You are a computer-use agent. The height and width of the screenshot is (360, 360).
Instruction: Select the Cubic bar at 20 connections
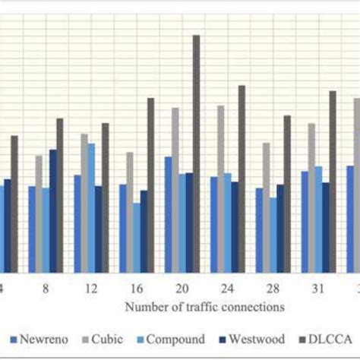(x=175, y=190)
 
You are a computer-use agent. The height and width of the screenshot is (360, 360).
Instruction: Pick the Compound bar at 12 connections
(x=91, y=207)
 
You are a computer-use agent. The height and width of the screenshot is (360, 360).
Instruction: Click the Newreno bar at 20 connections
(x=168, y=214)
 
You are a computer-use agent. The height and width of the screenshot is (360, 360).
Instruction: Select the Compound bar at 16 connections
(x=137, y=237)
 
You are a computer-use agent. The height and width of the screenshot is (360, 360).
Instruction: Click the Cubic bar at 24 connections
(x=221, y=189)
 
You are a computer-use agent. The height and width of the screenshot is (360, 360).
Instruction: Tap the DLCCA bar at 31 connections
(x=333, y=182)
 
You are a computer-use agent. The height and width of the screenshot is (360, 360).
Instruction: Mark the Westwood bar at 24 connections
(x=235, y=226)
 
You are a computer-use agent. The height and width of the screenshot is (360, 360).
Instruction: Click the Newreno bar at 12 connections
(x=77, y=223)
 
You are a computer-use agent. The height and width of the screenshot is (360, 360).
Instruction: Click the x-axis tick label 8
(x=46, y=289)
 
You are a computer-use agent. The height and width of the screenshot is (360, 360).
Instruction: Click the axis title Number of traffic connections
(x=205, y=307)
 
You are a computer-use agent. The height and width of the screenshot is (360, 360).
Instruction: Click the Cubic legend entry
(x=104, y=339)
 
